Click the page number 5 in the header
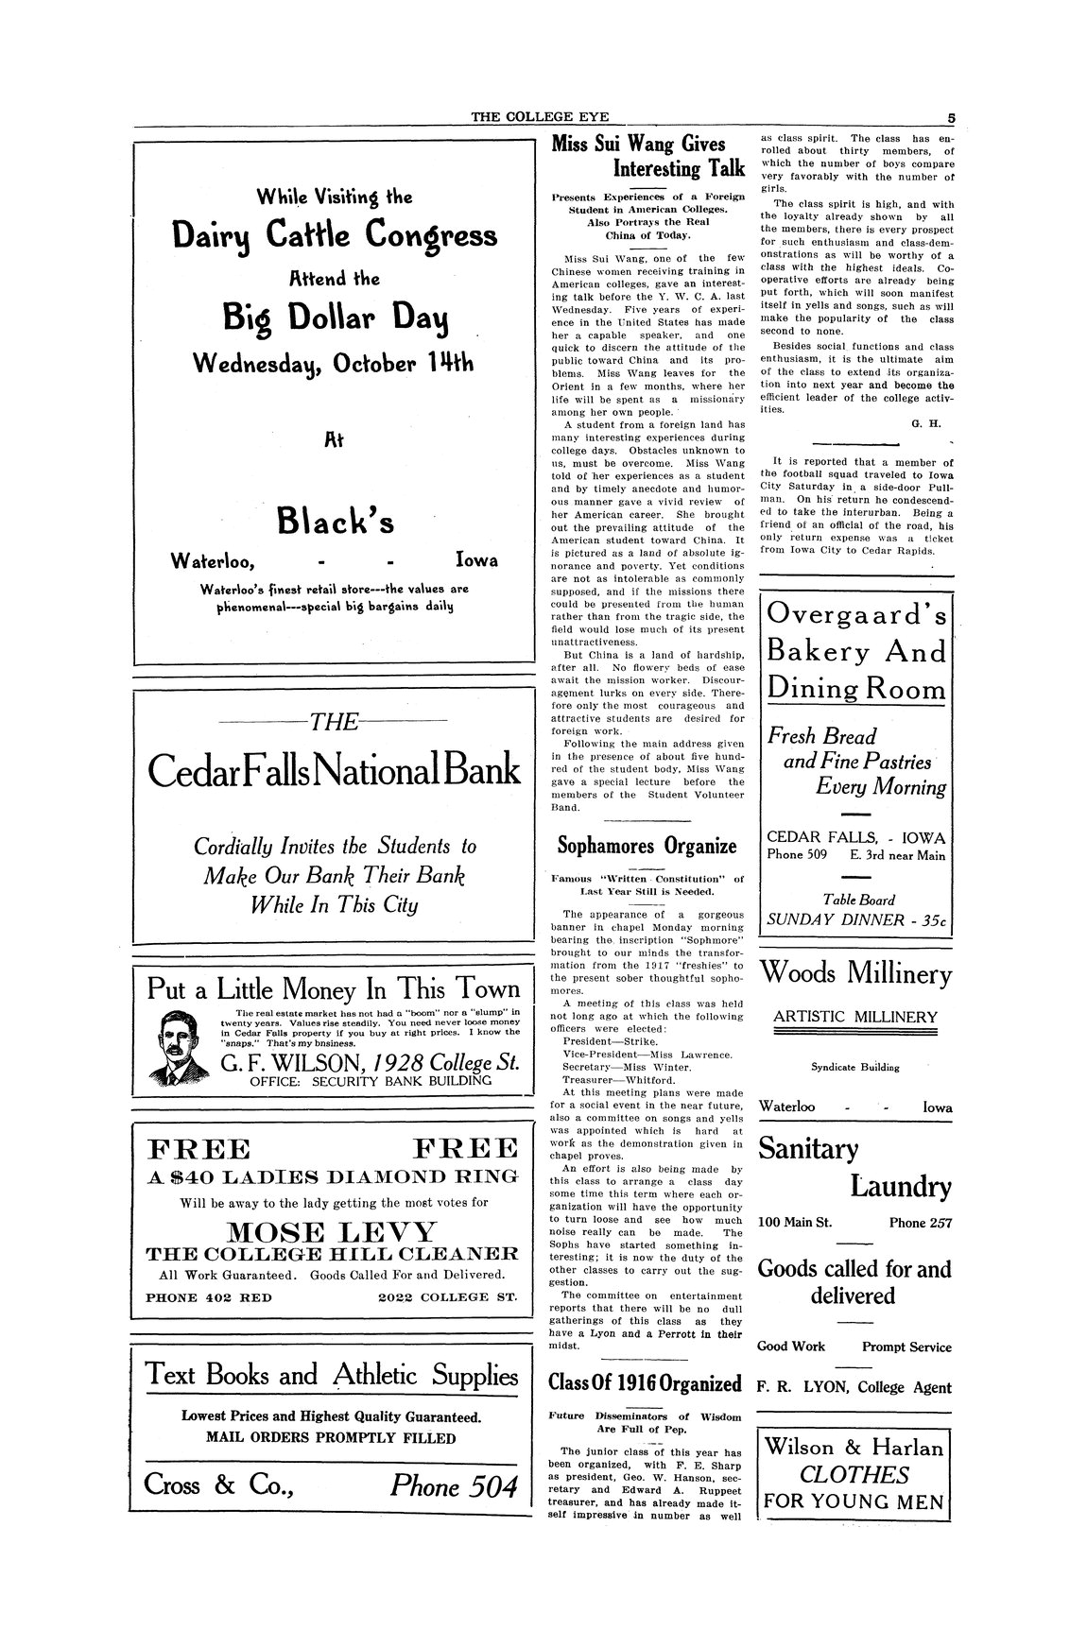click(951, 118)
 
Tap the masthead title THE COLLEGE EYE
click(541, 117)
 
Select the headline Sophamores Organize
click(647, 844)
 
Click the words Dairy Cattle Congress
click(335, 236)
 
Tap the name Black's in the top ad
click(335, 521)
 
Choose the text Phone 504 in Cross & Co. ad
click(454, 1486)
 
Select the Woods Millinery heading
click(855, 972)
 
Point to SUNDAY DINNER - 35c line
click(855, 918)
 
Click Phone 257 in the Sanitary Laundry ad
click(920, 1223)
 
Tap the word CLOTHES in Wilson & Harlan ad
click(854, 1474)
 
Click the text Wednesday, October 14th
click(335, 363)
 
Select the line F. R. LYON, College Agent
click(854, 1387)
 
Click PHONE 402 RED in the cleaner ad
click(209, 1296)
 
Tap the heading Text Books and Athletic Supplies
click(332, 1375)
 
